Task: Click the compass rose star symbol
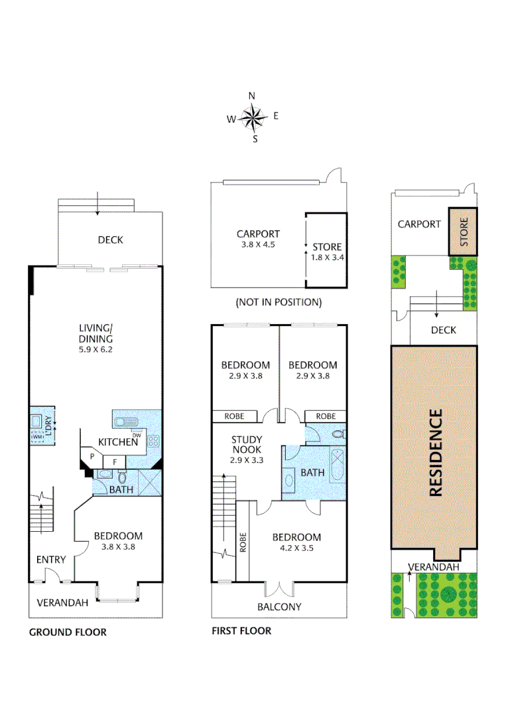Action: coord(253,117)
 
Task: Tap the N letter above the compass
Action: coord(251,96)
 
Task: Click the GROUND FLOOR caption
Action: coord(68,633)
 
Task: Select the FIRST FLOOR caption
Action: coord(241,631)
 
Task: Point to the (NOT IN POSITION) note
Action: coord(279,302)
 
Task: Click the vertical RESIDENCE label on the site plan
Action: coord(436,453)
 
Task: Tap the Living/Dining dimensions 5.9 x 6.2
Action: coord(95,349)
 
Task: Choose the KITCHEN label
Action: coord(118,441)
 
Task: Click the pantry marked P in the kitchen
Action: coord(92,456)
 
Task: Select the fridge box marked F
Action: coord(115,462)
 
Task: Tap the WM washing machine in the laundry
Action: coord(37,437)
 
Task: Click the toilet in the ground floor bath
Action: coord(122,477)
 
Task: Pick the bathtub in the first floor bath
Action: coord(338,465)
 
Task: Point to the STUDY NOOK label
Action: coord(247,444)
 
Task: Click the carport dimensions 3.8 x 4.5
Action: coord(258,244)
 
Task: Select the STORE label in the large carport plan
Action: coord(327,247)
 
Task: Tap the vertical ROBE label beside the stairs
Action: coord(243,542)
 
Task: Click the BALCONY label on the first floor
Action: coord(279,607)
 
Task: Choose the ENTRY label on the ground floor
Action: coord(51,560)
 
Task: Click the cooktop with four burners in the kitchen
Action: coord(153,441)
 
